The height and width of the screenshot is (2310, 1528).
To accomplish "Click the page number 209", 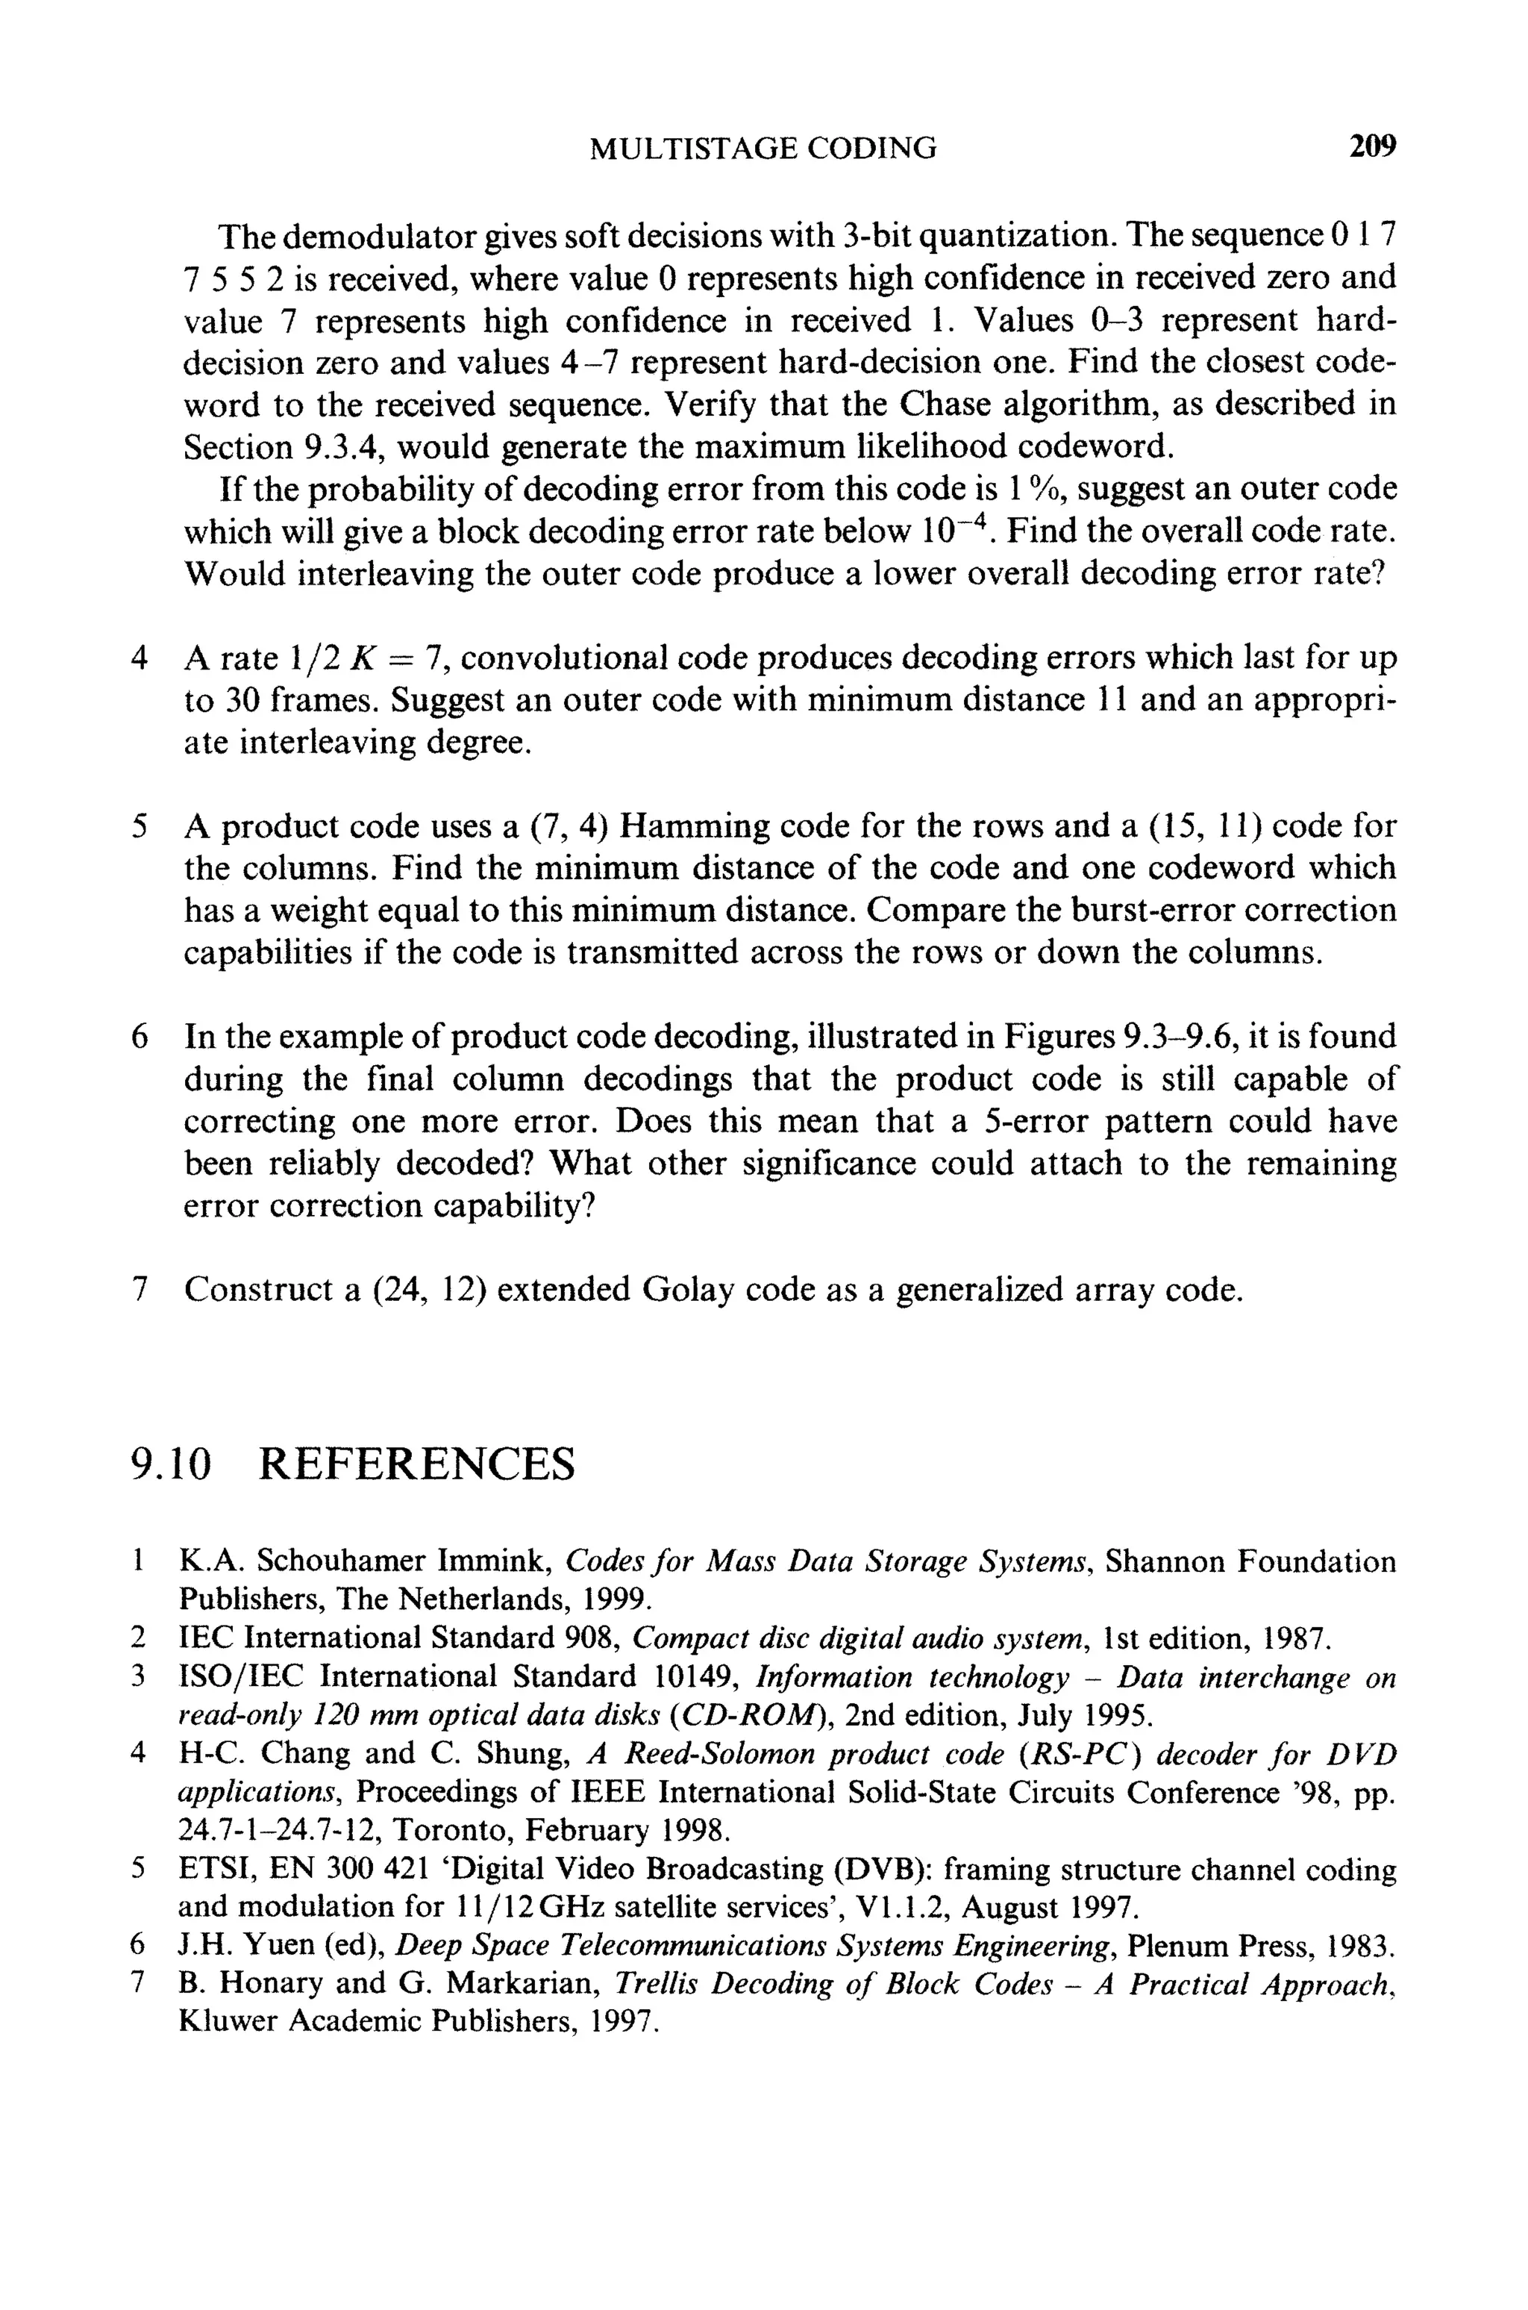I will [1372, 147].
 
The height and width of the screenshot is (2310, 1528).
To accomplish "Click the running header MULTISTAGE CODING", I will [763, 148].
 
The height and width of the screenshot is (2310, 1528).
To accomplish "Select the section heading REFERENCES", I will [417, 1464].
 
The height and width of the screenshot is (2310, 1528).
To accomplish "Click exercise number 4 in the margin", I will [140, 659].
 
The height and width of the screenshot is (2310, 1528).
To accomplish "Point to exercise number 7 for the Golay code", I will [140, 1290].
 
